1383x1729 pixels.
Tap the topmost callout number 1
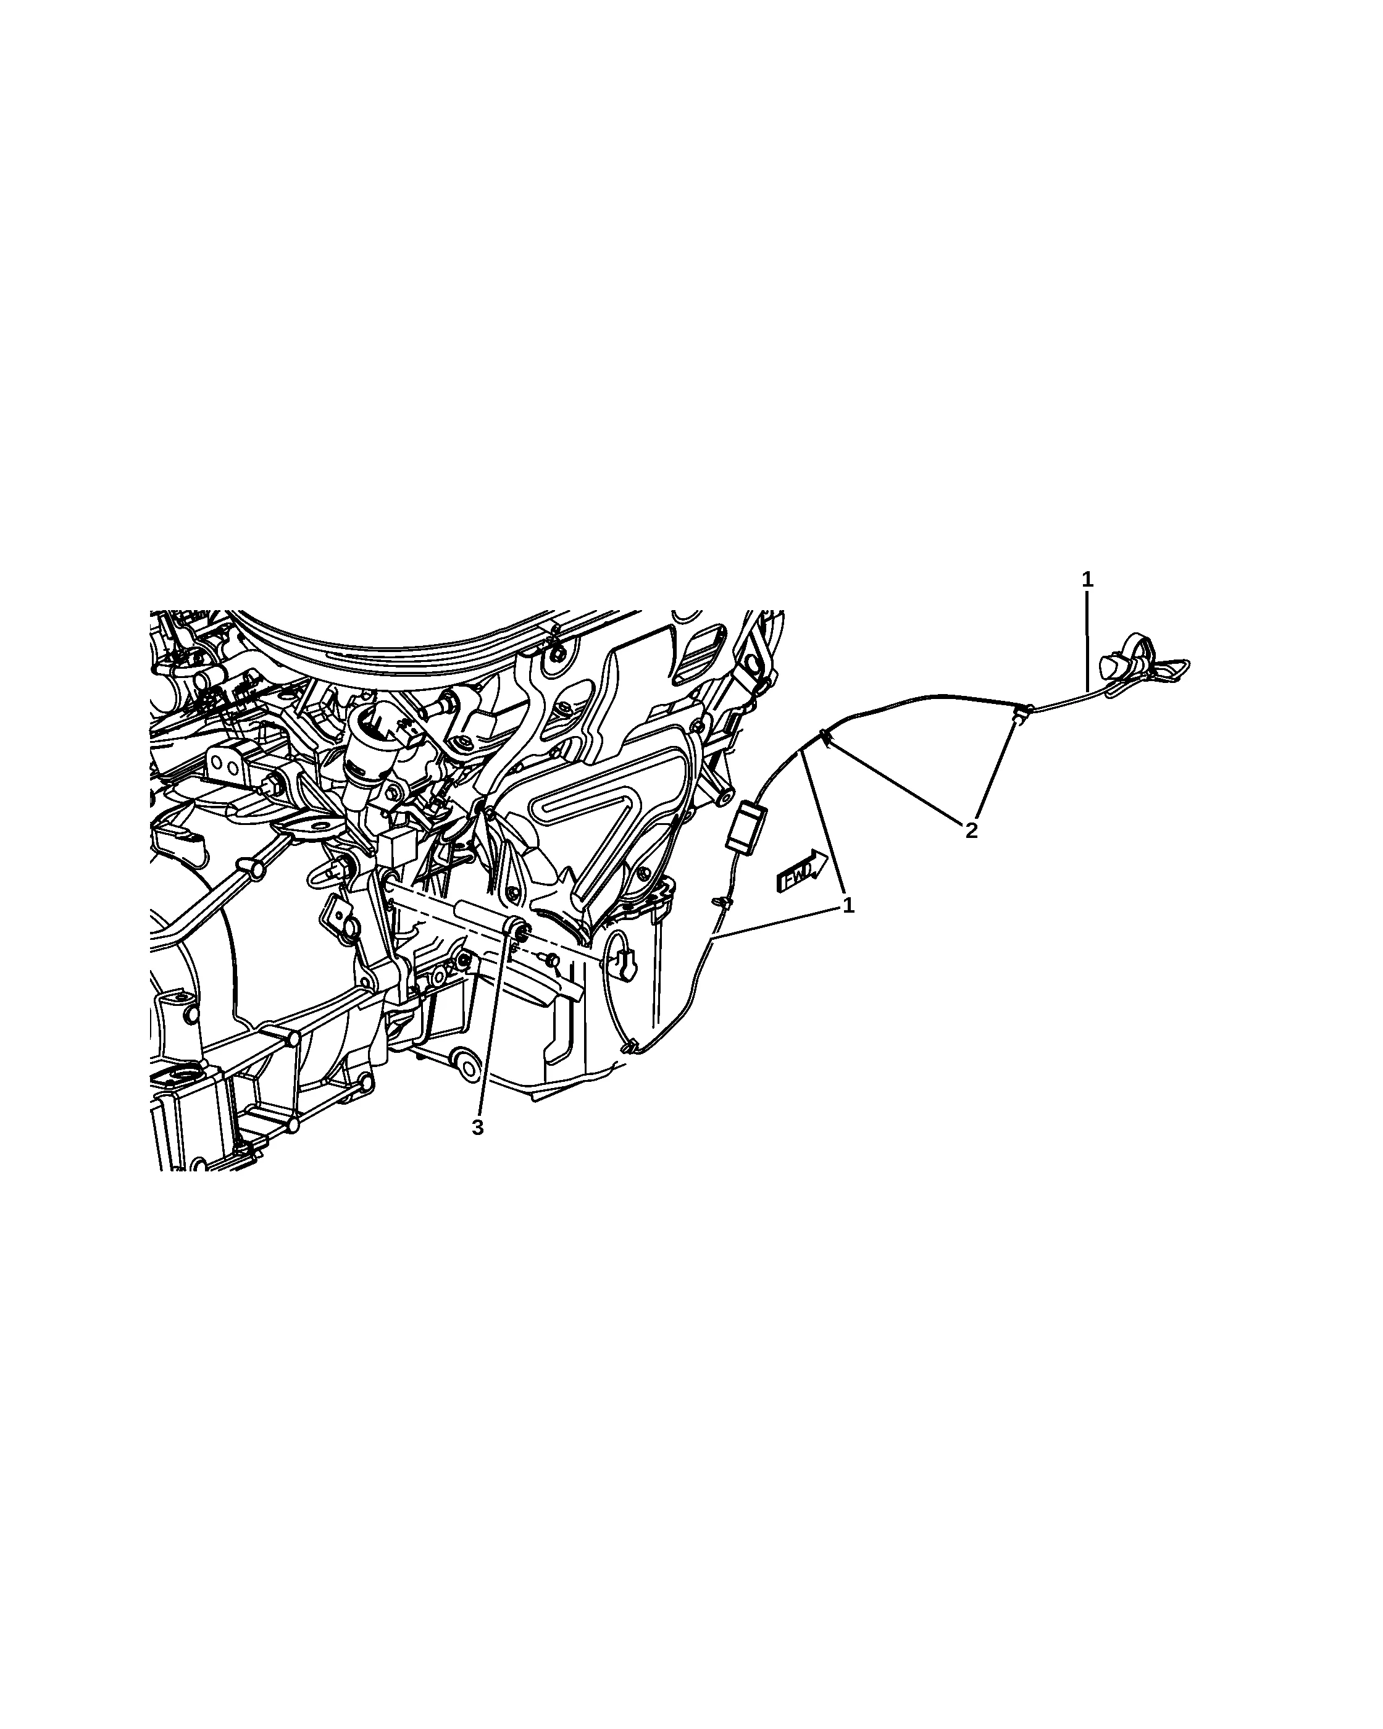[x=1087, y=579]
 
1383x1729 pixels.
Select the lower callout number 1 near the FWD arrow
[x=848, y=906]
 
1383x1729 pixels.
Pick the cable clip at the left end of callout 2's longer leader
[x=824, y=736]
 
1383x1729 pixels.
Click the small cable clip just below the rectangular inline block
[x=722, y=902]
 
